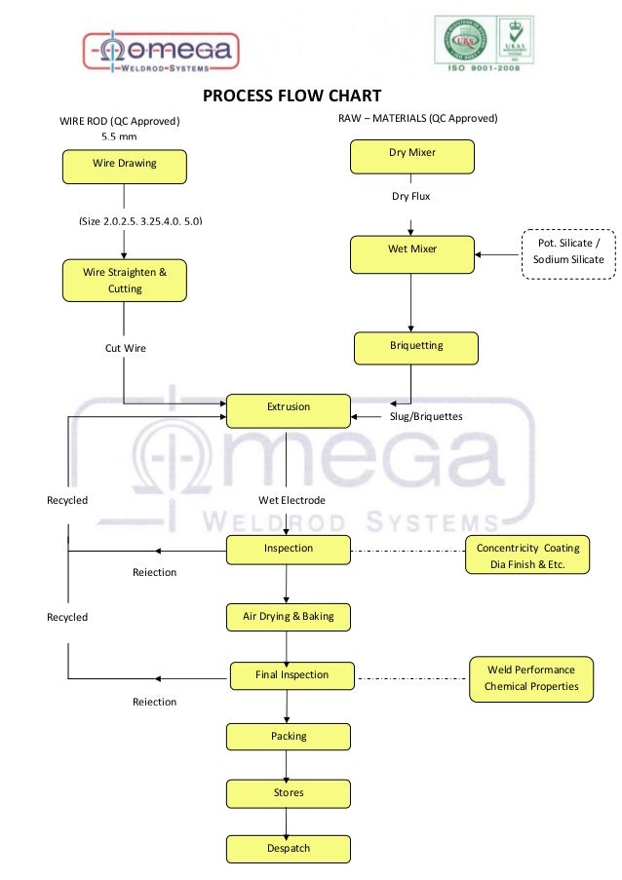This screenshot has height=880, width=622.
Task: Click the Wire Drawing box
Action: click(x=124, y=167)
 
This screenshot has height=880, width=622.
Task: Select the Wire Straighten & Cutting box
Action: click(x=124, y=281)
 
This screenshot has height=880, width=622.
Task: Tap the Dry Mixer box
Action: click(x=411, y=156)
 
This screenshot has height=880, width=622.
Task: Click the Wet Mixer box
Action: click(x=411, y=252)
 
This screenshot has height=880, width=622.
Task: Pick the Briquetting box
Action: click(x=416, y=348)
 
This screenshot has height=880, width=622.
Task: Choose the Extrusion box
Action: click(x=288, y=409)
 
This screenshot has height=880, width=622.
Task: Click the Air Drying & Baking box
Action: click(x=288, y=617)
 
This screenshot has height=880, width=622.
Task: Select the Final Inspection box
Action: click(x=292, y=675)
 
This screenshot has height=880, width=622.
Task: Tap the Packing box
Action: click(x=288, y=737)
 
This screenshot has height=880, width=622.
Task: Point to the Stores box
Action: click(x=288, y=793)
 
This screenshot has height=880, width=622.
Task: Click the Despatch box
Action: click(x=288, y=849)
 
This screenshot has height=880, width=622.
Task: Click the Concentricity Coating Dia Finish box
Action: click(x=527, y=555)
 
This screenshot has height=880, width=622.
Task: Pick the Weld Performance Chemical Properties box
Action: click(x=531, y=678)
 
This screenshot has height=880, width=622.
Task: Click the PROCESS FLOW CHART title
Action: click(x=291, y=96)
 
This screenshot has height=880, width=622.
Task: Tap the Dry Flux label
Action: click(x=411, y=197)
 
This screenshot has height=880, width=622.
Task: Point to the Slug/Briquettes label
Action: click(x=426, y=417)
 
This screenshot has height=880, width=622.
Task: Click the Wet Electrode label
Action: click(x=292, y=501)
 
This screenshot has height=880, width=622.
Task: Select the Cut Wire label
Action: click(x=125, y=348)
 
